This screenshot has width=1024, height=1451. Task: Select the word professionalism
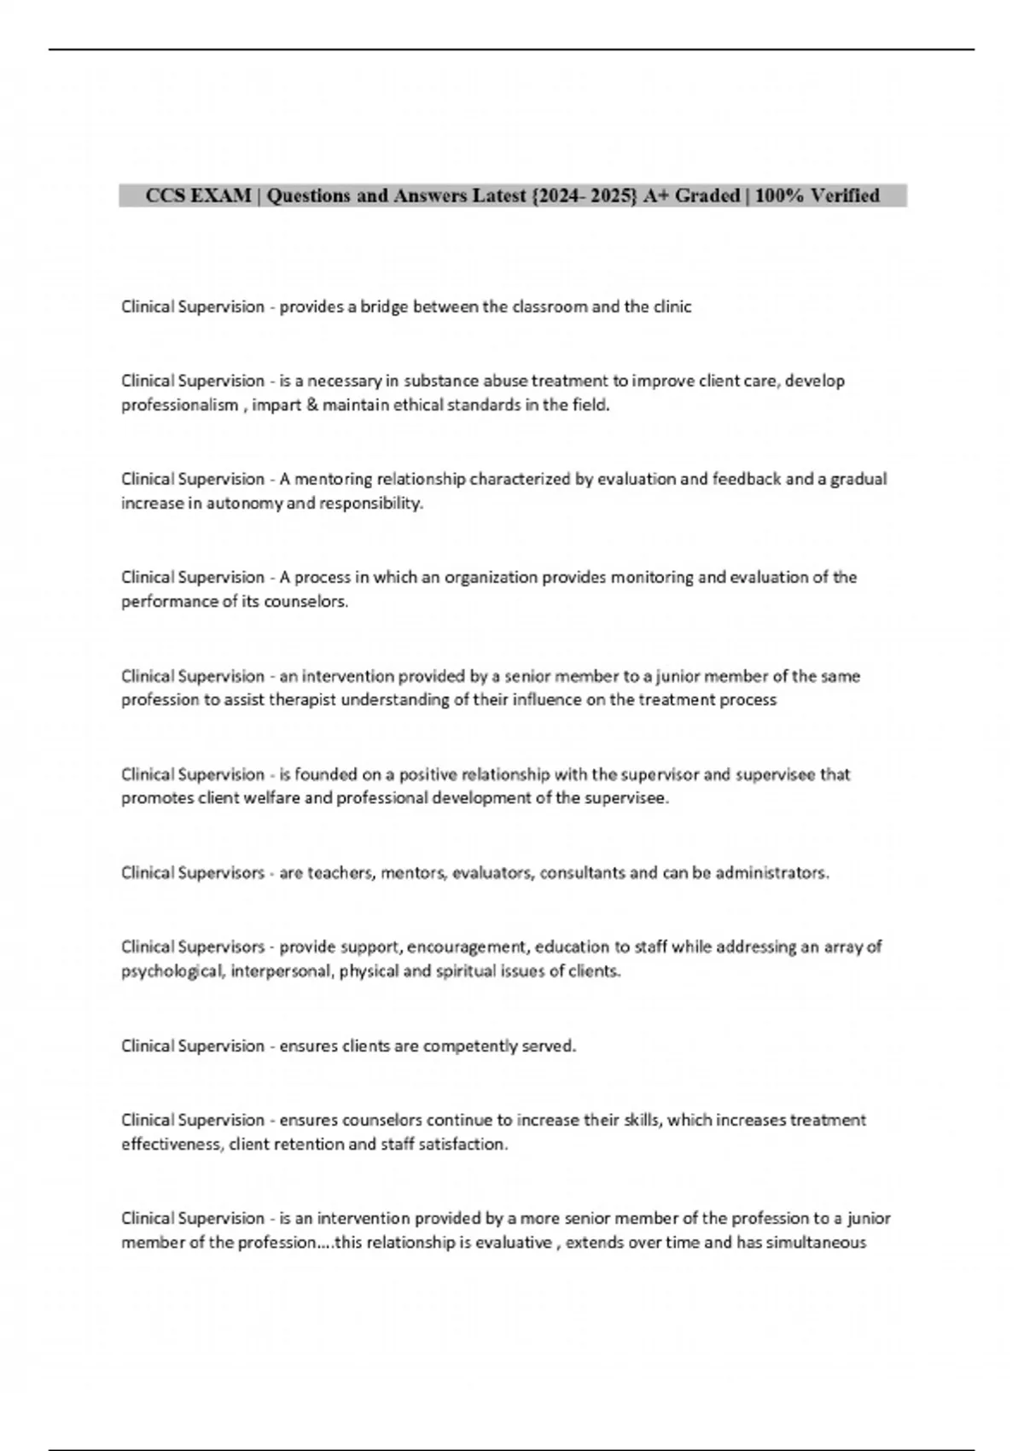point(179,405)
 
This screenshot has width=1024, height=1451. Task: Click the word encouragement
point(468,947)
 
